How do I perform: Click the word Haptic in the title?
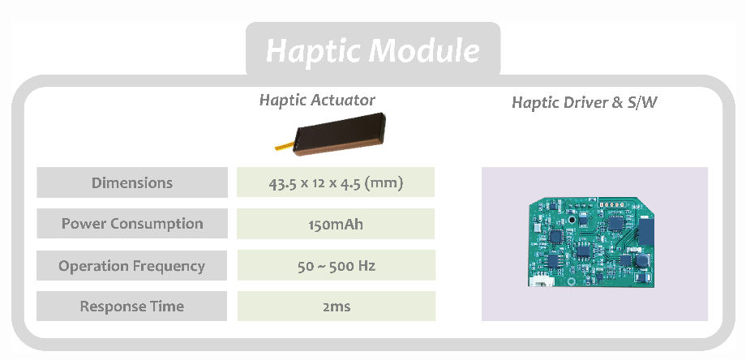pos(313,50)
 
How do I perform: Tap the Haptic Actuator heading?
pos(317,100)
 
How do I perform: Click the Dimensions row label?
pos(132,182)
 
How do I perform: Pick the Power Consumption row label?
pos(132,224)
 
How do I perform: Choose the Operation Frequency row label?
pos(132,265)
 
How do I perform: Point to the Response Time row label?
pos(132,306)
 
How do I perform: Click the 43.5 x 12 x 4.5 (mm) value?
pos(336,182)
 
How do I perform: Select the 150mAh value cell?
pos(336,224)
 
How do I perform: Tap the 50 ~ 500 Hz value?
pos(336,265)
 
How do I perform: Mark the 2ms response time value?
pos(336,306)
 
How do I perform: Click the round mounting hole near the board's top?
pos(572,219)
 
